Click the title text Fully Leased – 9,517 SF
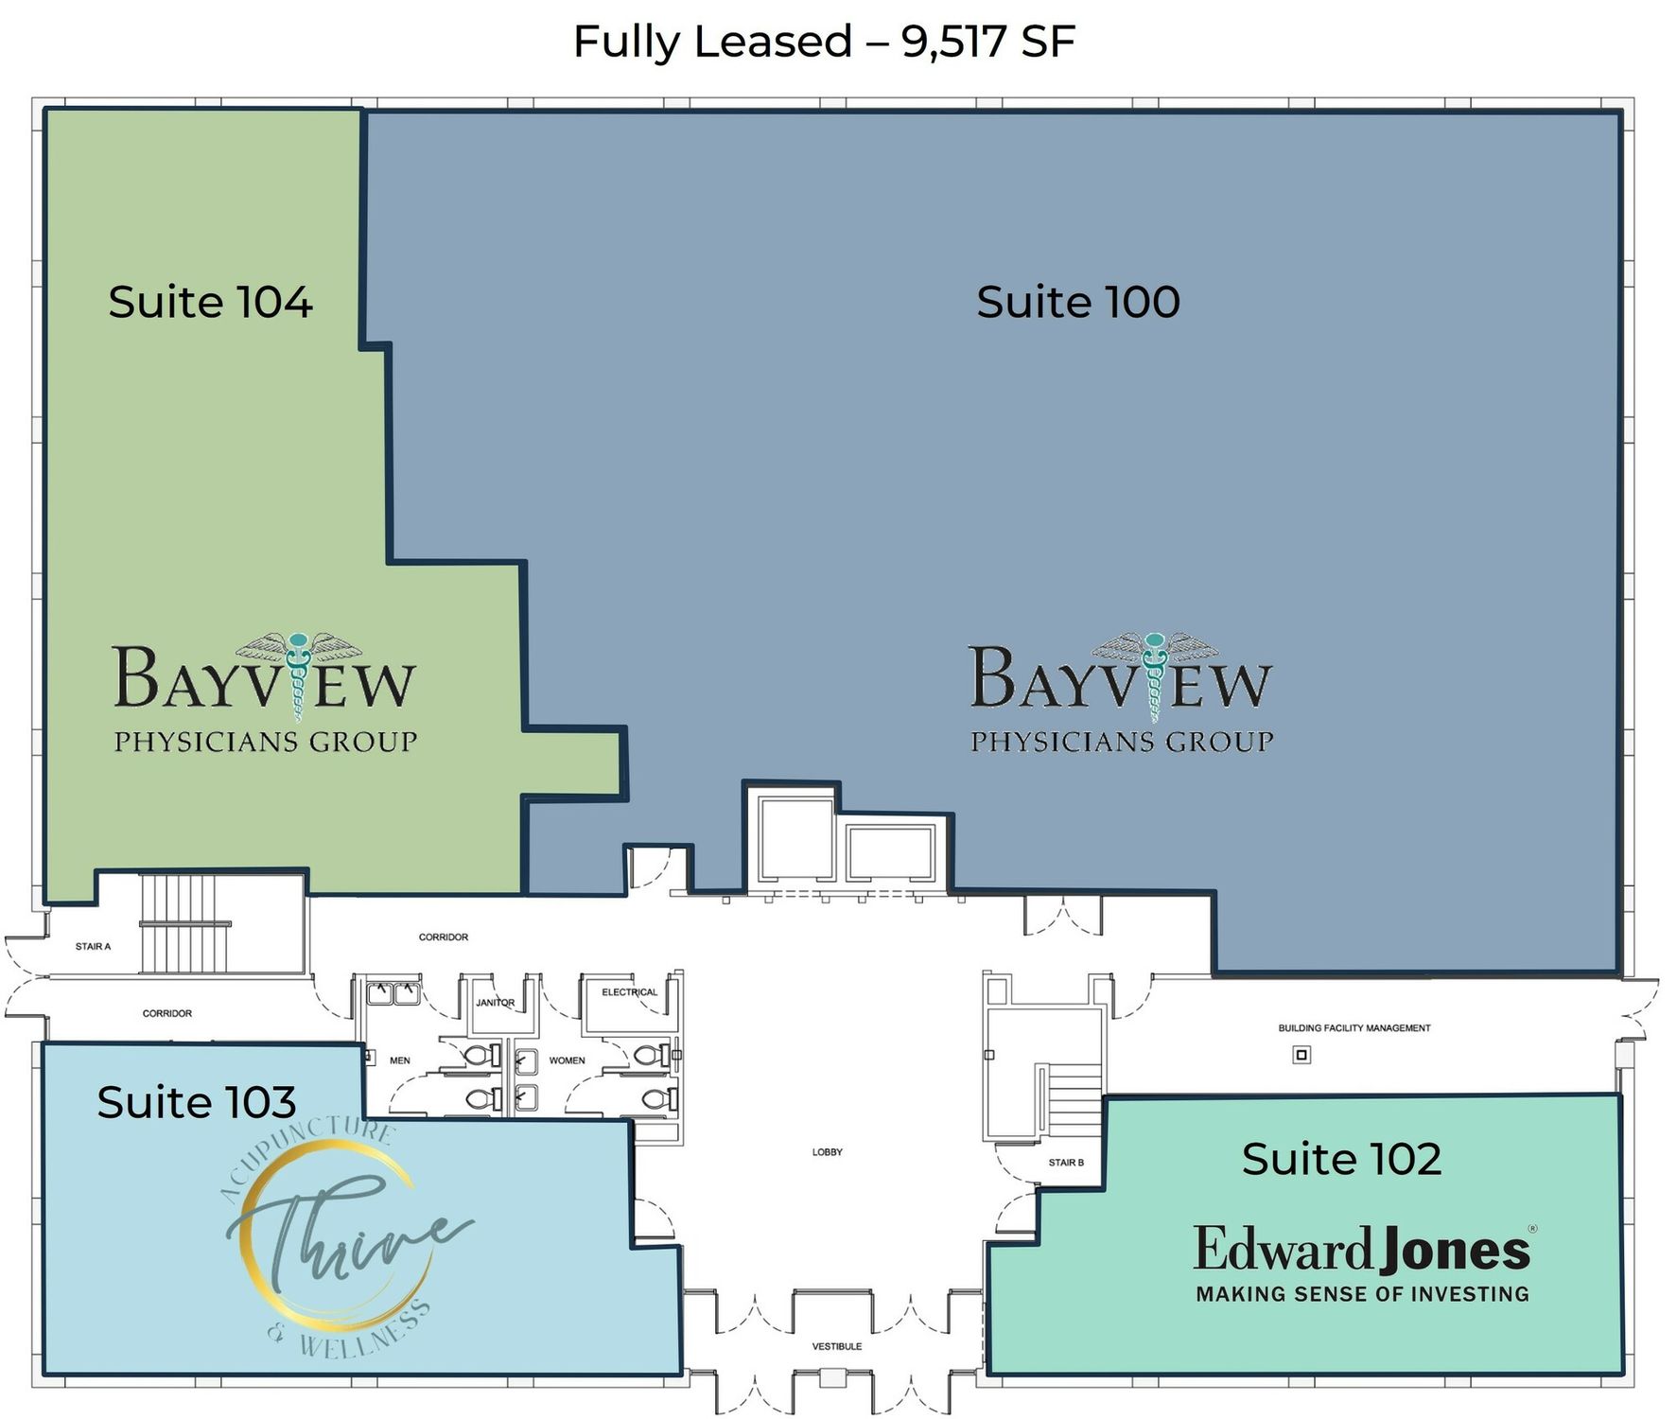(x=824, y=43)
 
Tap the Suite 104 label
(x=210, y=302)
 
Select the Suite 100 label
(x=1078, y=302)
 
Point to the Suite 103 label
(x=197, y=1102)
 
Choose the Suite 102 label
(x=1341, y=1159)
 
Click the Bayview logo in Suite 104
(x=265, y=693)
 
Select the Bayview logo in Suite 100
(x=1122, y=693)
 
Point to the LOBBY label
(x=827, y=1152)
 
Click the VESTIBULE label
(x=837, y=1346)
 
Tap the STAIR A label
(x=93, y=946)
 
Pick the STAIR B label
(x=1066, y=1163)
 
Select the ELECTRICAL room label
(x=629, y=992)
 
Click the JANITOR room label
(x=495, y=1003)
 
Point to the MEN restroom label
(x=400, y=1060)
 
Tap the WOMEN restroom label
(x=567, y=1060)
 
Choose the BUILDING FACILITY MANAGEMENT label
(x=1354, y=1028)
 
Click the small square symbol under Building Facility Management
(x=1301, y=1055)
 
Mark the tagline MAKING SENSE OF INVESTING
(x=1363, y=1294)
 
